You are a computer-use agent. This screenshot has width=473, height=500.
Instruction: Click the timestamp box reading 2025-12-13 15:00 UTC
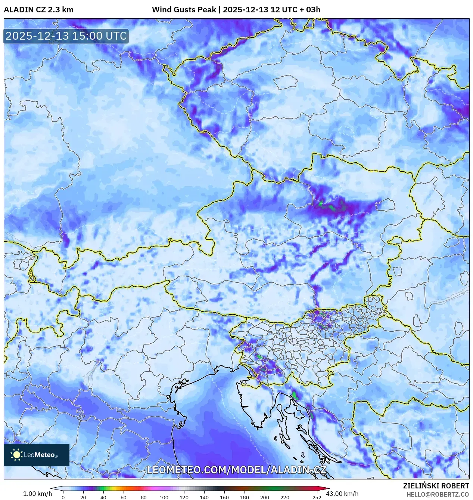pos(66,36)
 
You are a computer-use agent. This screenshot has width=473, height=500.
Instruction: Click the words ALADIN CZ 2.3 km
pos(38,10)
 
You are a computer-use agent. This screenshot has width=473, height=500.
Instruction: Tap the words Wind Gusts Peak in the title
pos(184,10)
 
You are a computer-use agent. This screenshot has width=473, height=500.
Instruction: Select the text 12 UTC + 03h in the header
pos(295,10)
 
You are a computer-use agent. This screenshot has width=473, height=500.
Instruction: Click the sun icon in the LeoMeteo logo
pos(16,455)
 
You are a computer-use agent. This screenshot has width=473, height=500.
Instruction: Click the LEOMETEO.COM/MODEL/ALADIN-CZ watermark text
pos(236,470)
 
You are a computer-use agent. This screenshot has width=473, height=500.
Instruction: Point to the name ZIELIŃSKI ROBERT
pos(436,486)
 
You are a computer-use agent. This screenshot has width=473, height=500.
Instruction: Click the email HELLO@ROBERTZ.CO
pos(438,494)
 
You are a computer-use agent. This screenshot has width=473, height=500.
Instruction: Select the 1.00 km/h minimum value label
pos(37,494)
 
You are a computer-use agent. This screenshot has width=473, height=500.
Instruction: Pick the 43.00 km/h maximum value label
pos(342,494)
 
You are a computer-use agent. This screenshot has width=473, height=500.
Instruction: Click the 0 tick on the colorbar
pos(63,497)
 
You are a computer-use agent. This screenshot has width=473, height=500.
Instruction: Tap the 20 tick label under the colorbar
pos(83,497)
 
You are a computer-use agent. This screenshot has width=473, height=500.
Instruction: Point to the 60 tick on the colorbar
pos(124,497)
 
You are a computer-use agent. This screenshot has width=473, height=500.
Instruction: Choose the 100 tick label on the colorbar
pos(164,497)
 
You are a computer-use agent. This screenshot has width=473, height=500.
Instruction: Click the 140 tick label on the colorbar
pos(204,497)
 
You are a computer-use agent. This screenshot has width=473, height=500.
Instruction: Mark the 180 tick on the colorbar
pos(245,497)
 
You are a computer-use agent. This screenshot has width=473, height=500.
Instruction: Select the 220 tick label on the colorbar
pos(285,497)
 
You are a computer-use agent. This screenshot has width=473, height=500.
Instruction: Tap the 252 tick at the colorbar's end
pos(317,497)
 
